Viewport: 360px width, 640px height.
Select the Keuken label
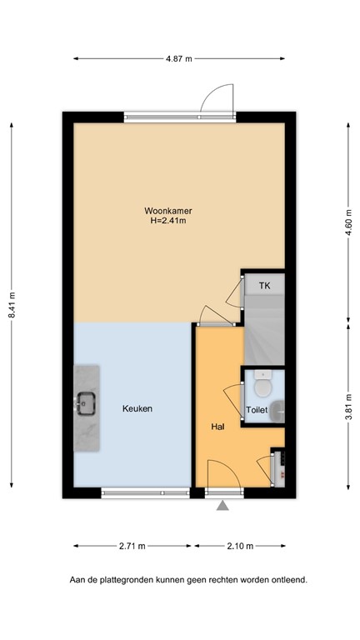pyautogui.click(x=137, y=409)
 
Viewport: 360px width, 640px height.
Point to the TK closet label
pyautogui.click(x=264, y=286)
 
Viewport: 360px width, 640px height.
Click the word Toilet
pyautogui.click(x=257, y=410)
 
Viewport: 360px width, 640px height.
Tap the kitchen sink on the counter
pyautogui.click(x=85, y=404)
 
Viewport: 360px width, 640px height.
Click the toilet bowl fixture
pyautogui.click(x=263, y=386)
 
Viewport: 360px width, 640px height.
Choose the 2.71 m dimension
pyautogui.click(x=132, y=546)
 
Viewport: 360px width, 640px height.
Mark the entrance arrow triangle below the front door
pyautogui.click(x=222, y=505)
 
